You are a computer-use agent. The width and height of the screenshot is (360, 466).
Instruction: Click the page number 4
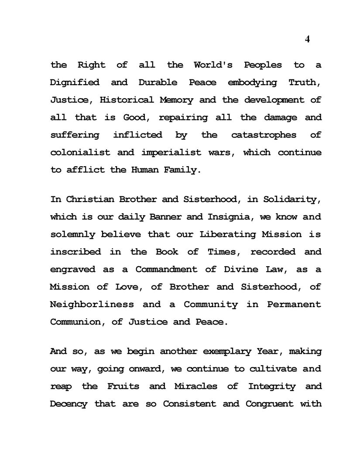click(x=307, y=39)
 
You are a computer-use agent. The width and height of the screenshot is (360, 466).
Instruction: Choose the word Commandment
click(x=167, y=269)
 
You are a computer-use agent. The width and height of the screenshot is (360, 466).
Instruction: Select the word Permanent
click(x=294, y=304)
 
